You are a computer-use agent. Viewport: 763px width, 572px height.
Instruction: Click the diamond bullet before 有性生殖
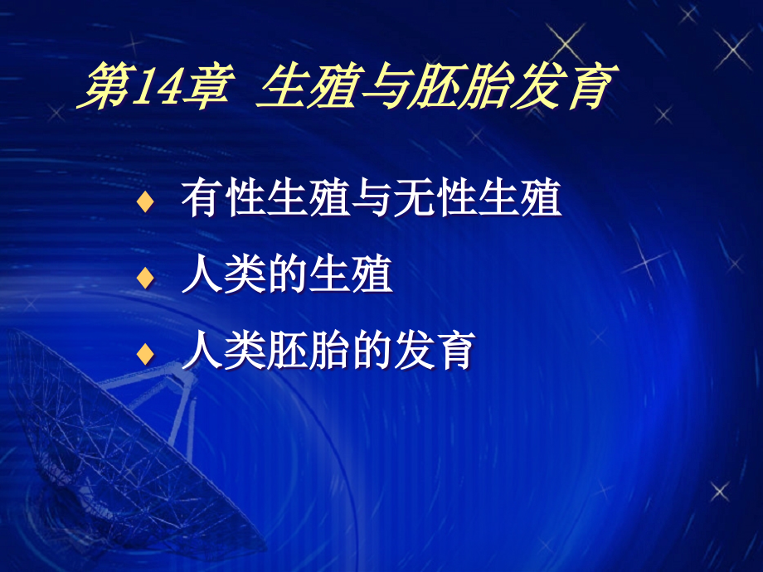146,202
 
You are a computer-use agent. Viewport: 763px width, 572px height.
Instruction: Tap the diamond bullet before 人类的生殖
146,279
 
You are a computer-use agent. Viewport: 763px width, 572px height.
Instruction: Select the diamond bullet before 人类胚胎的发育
146,354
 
